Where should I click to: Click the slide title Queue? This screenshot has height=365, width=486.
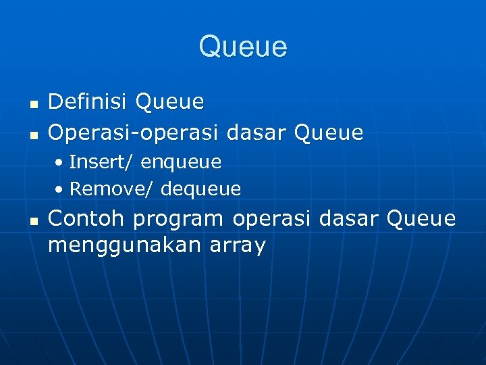coord(243,47)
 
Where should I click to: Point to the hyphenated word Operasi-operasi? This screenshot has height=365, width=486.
coord(134,132)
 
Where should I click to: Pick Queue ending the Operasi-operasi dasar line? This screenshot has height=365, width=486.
coord(329,132)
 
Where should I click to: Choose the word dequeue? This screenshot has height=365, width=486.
coord(201,189)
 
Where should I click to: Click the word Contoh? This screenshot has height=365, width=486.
coord(88,218)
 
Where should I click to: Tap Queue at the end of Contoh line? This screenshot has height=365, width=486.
coord(421,219)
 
